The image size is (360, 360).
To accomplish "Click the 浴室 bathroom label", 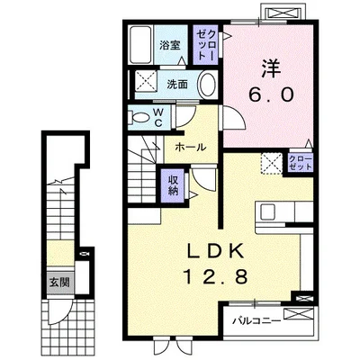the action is [x=170, y=46].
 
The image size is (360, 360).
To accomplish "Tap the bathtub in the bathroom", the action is [x=140, y=45].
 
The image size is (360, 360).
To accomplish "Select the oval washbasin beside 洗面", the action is [x=208, y=85].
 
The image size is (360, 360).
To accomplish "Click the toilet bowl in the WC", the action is [x=139, y=117].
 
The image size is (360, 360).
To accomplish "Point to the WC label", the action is [x=158, y=117].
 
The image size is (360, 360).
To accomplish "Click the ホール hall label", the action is [x=191, y=148].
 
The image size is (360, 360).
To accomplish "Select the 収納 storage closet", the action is [x=173, y=185].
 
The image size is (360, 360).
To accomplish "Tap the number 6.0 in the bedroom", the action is [x=270, y=96].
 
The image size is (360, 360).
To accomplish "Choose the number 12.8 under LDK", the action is [x=216, y=276].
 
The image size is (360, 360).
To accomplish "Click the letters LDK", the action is [x=216, y=251].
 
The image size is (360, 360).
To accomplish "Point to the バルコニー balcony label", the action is [x=257, y=321].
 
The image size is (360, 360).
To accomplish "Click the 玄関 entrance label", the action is [x=59, y=283].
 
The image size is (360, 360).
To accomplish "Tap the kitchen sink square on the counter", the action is [x=267, y=212].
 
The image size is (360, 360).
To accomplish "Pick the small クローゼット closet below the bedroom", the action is [x=301, y=163].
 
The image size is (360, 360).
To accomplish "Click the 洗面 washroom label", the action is [x=177, y=85].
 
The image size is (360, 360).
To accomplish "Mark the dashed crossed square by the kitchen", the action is [x=272, y=164].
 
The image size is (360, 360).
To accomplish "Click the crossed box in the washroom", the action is [x=146, y=80].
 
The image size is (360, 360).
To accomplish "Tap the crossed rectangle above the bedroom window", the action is [x=283, y=13].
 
